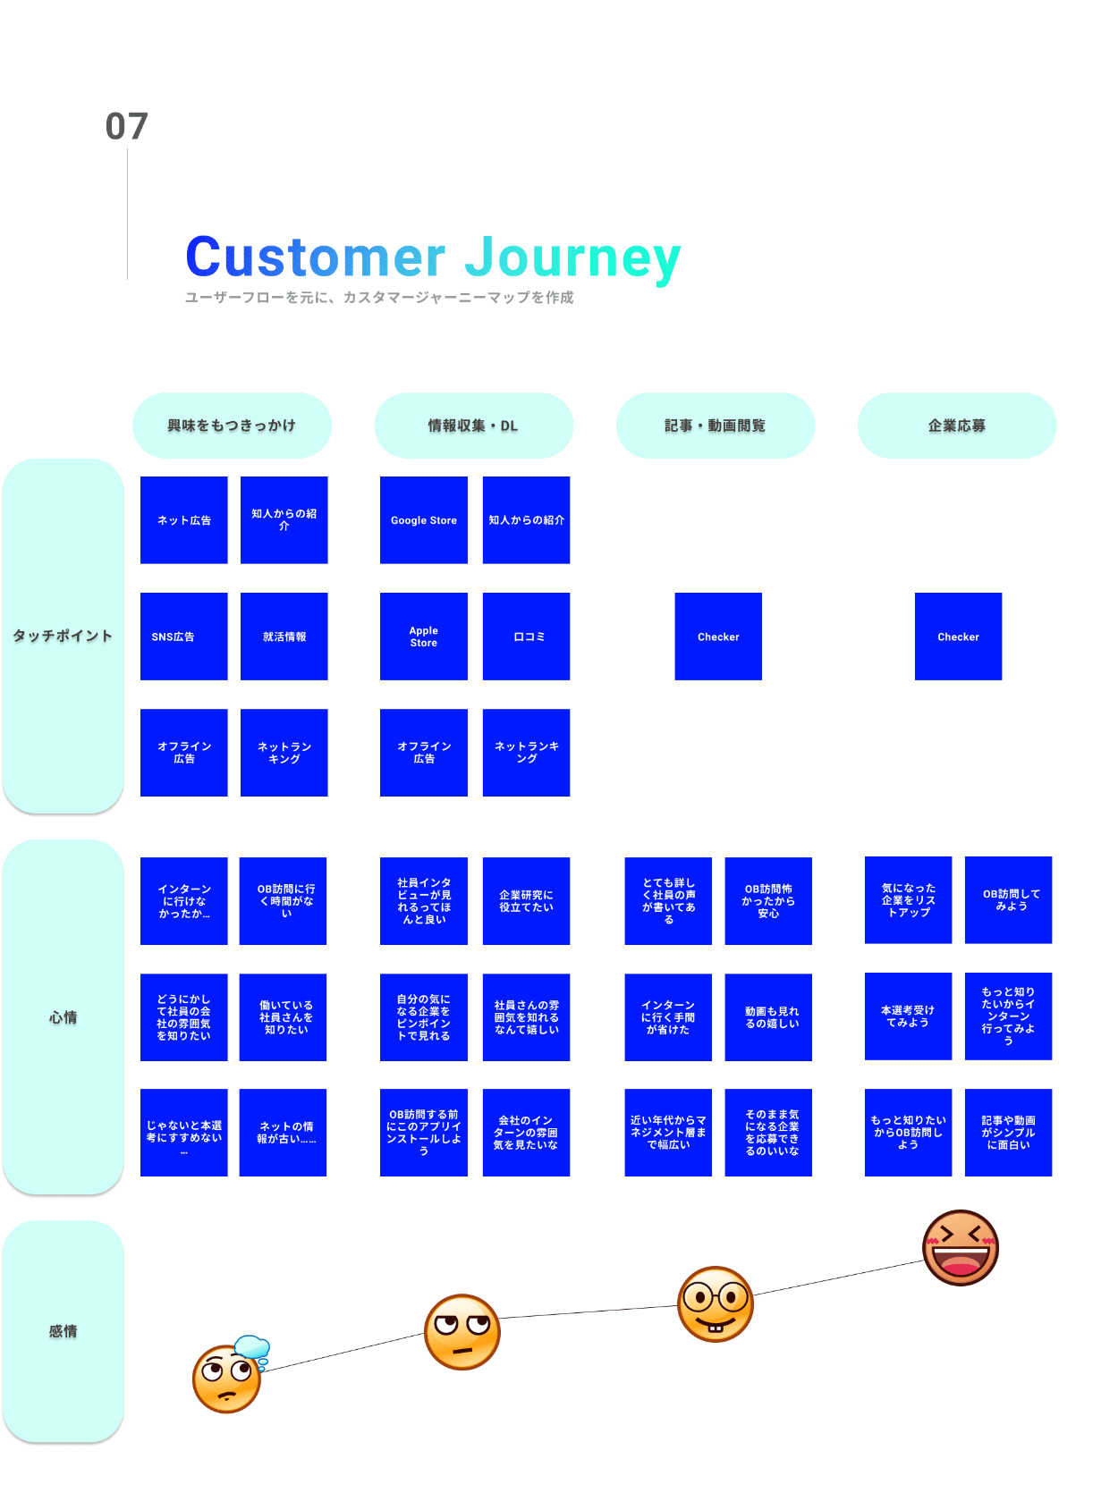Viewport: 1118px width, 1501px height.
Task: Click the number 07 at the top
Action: coord(126,127)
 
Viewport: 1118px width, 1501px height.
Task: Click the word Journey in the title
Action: coord(572,257)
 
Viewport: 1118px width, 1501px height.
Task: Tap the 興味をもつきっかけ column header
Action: coord(232,426)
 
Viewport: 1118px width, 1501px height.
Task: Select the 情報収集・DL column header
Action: coord(473,426)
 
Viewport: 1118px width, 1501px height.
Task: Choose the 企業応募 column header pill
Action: coord(957,426)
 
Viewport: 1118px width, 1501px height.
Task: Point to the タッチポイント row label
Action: coord(63,636)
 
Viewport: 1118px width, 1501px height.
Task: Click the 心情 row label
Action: coord(63,1017)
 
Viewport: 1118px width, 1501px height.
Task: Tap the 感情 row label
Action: coord(63,1331)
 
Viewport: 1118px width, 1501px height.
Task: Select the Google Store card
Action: coord(424,520)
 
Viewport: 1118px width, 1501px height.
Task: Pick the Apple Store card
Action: coord(424,637)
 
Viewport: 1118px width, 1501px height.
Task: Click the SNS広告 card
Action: coord(183,637)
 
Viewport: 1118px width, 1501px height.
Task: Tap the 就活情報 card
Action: coord(284,637)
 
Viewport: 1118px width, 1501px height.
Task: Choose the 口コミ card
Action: coord(527,637)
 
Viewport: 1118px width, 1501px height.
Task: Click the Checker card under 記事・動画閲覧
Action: coord(718,637)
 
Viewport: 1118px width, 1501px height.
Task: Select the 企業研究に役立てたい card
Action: coord(527,901)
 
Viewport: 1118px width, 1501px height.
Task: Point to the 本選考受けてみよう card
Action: coord(908,1016)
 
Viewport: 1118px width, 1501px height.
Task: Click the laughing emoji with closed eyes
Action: coord(961,1248)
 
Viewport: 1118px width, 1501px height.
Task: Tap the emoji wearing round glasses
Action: coord(716,1304)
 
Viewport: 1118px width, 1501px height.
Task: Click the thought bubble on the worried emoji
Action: coord(252,1349)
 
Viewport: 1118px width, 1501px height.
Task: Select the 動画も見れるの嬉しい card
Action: coord(768,1017)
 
